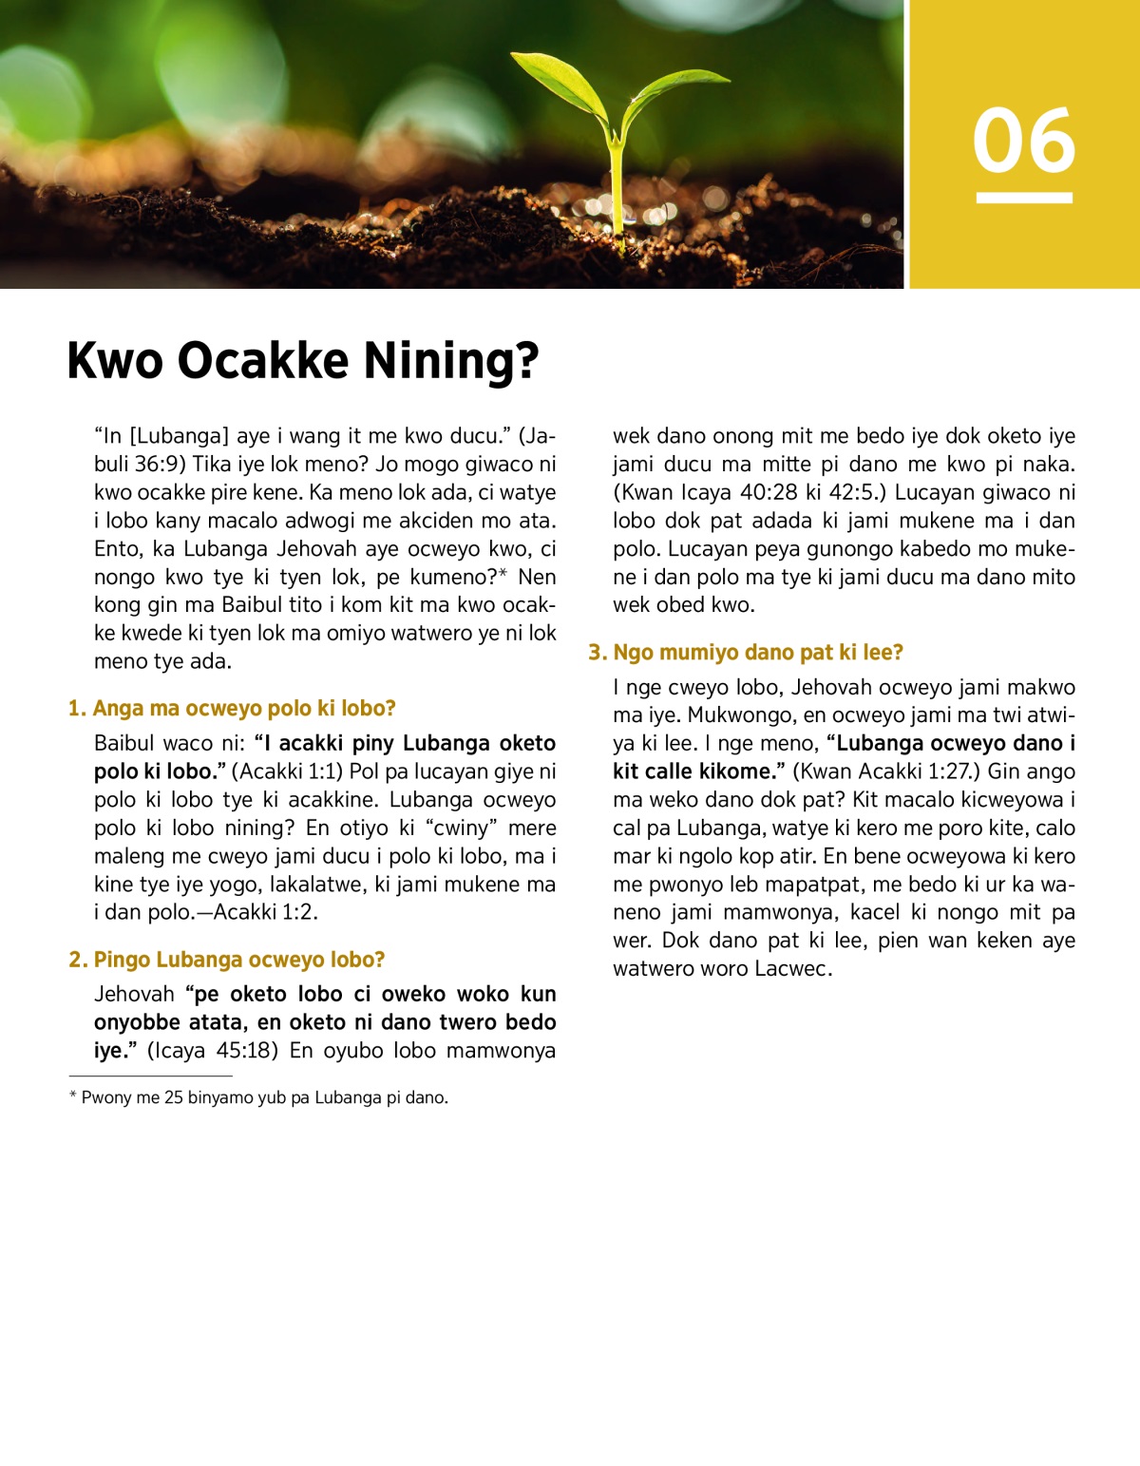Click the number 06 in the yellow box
click(x=1023, y=141)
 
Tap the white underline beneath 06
click(x=1023, y=198)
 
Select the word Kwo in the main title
click(x=114, y=361)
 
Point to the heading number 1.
click(x=76, y=709)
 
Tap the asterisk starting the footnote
click(x=72, y=1096)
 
